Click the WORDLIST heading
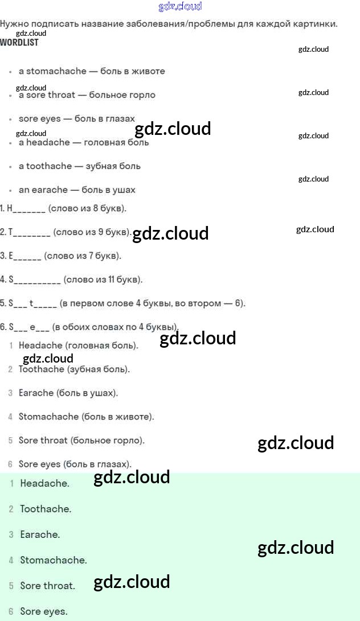click(x=19, y=43)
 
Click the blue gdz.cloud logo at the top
click(x=180, y=7)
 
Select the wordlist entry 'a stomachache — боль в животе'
click(x=92, y=71)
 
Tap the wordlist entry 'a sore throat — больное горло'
click(x=87, y=95)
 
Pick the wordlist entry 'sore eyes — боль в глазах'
click(x=77, y=119)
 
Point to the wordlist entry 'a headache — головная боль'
click(x=84, y=142)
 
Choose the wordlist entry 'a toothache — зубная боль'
click(x=80, y=166)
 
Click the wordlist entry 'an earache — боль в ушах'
click(x=77, y=190)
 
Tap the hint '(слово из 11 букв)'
click(x=103, y=279)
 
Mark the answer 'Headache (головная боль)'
click(x=79, y=346)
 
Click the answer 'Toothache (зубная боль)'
click(x=74, y=369)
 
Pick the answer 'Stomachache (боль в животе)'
click(x=87, y=417)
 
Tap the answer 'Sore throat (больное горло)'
click(x=81, y=441)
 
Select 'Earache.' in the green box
click(x=40, y=534)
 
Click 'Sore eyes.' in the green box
click(x=44, y=611)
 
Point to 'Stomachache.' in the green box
click(x=54, y=560)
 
